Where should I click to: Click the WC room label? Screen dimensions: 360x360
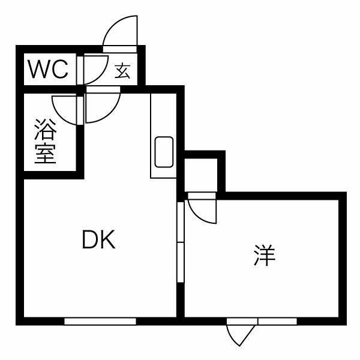click(48, 69)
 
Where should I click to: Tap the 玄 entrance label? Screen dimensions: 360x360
click(122, 70)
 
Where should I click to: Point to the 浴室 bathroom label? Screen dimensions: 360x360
click(46, 141)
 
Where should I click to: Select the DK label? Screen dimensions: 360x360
click(99, 239)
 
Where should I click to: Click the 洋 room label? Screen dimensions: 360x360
click(265, 255)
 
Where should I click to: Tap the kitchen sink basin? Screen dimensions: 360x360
click(164, 152)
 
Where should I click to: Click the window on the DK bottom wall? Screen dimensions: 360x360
click(100, 322)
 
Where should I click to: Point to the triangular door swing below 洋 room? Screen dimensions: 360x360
click(240, 335)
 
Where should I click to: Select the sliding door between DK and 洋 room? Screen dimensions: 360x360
click(181, 242)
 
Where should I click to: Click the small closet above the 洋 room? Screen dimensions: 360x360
click(201, 175)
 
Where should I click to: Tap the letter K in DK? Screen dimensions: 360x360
click(108, 239)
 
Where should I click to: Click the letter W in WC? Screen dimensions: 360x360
click(38, 69)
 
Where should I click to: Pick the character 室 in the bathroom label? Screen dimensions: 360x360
click(46, 154)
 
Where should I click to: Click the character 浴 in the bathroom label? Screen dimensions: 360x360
click(46, 129)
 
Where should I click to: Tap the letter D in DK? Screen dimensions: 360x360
click(90, 239)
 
